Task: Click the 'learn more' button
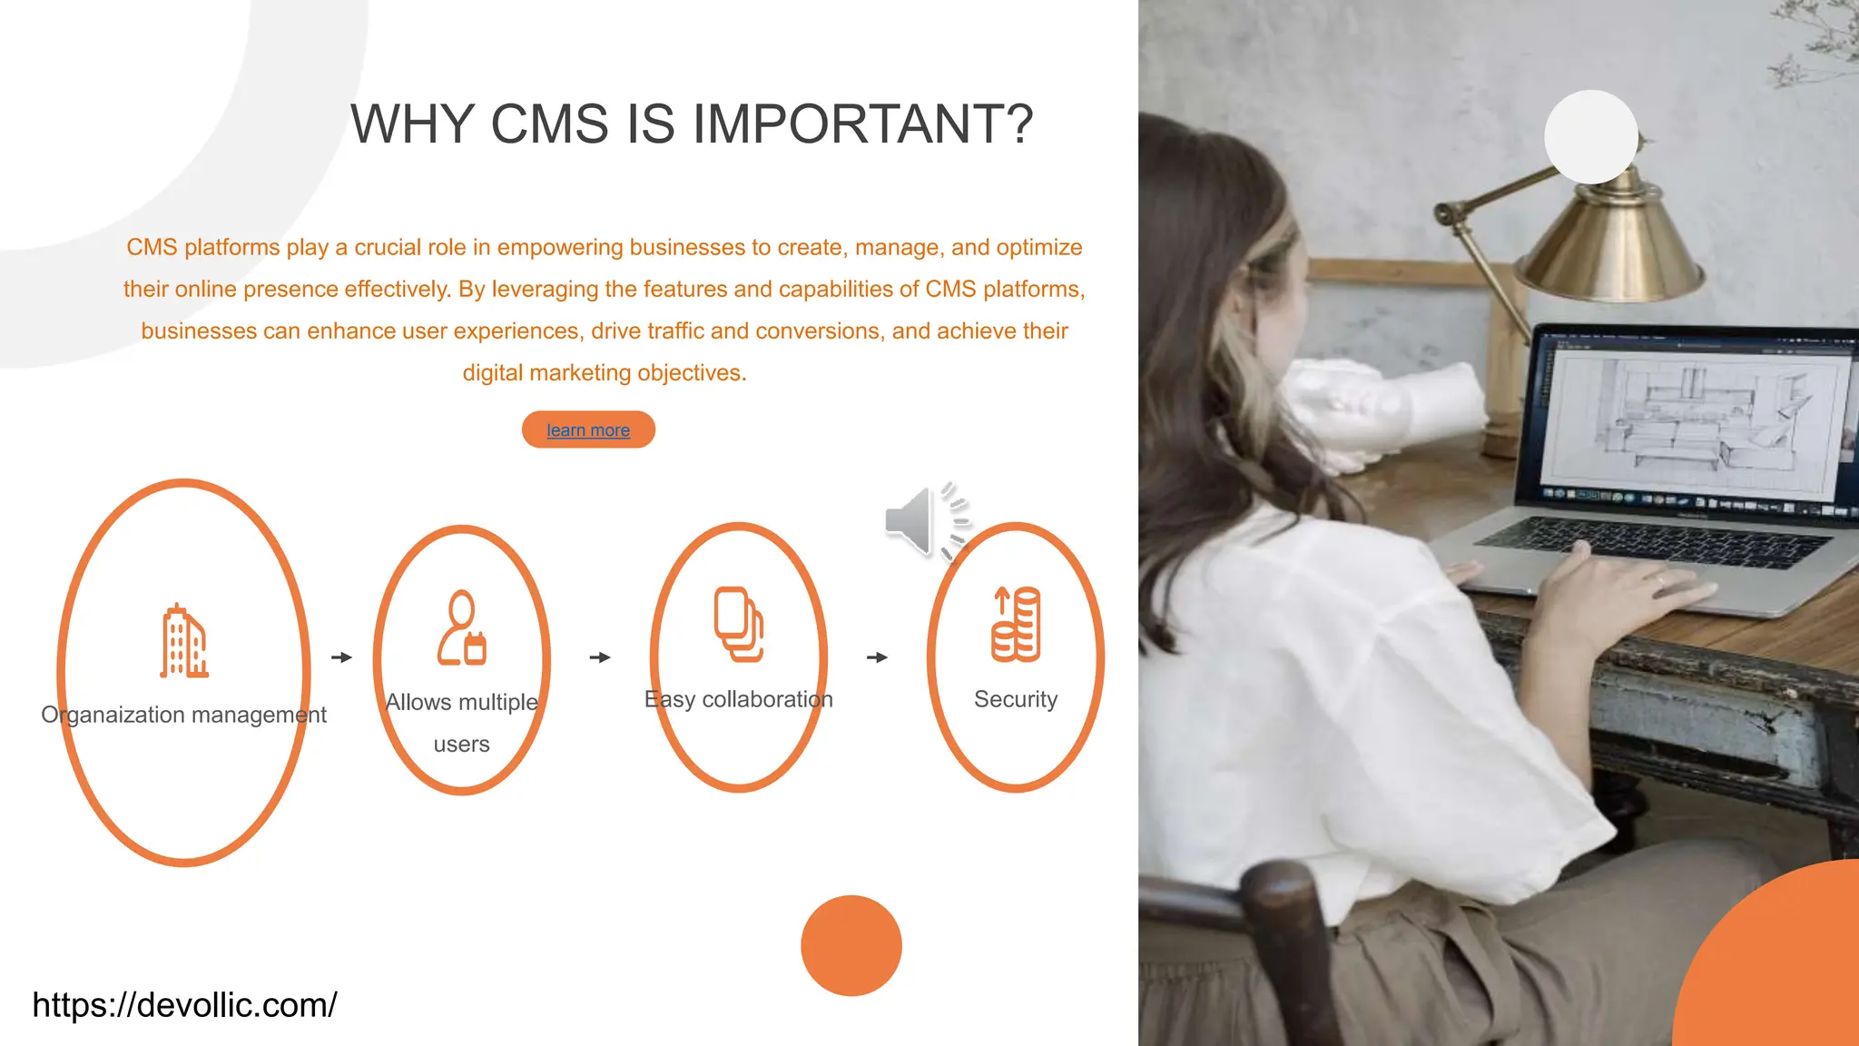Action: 588,429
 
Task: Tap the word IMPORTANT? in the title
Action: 863,124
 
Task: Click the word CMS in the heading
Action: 549,124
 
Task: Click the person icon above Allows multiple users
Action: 462,628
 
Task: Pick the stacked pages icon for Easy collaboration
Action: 738,624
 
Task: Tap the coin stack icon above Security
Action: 1016,624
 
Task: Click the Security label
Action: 1016,699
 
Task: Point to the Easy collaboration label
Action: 738,699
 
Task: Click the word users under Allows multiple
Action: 461,745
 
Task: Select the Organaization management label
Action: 183,715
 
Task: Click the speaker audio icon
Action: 924,521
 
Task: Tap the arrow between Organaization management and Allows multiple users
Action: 341,657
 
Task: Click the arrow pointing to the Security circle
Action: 877,657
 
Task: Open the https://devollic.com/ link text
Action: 184,1005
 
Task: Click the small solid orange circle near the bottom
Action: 851,945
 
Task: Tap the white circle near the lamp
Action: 1590,137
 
